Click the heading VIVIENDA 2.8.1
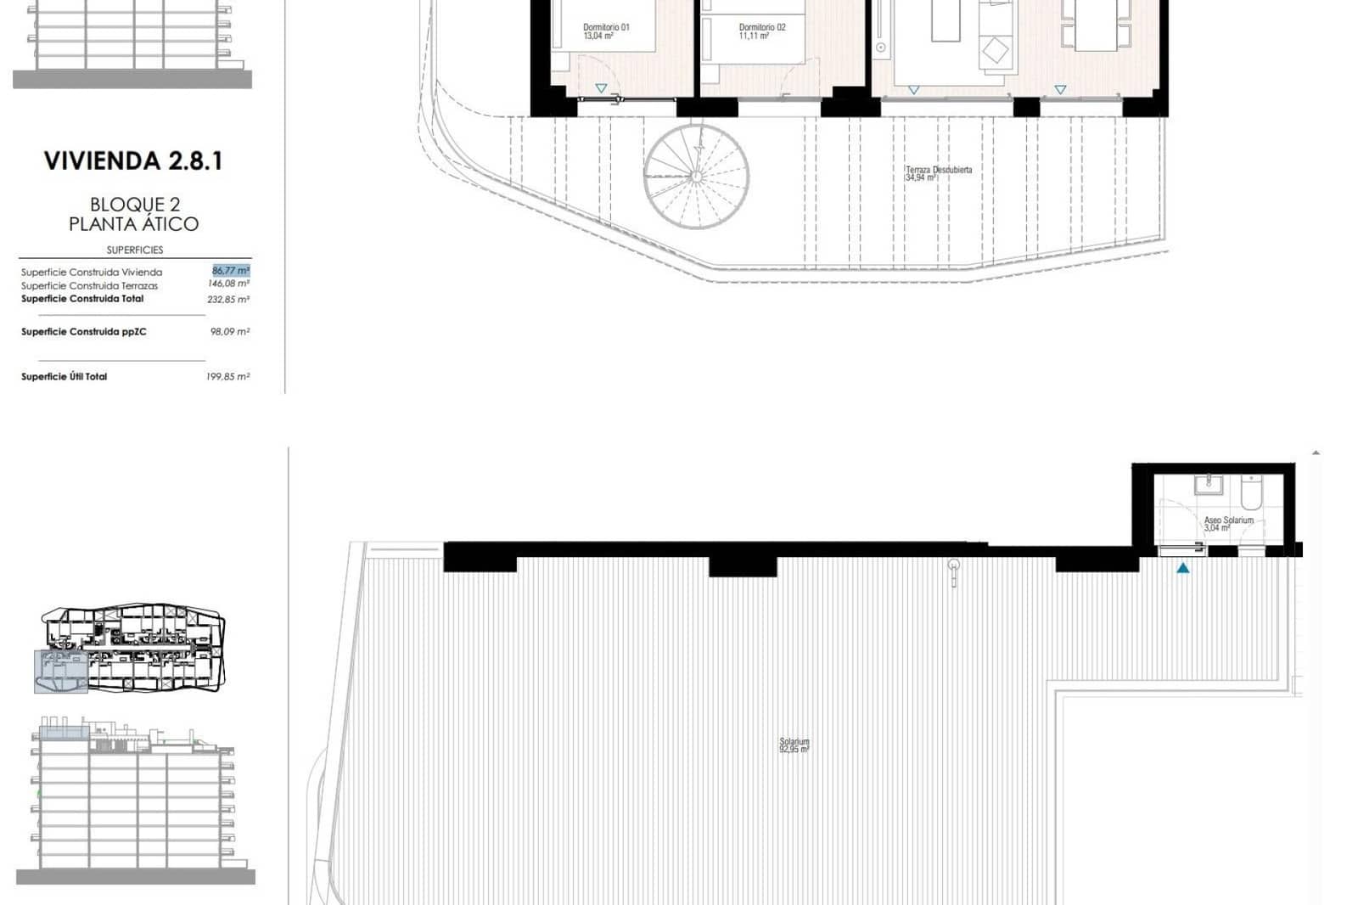tap(133, 161)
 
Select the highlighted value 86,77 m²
tap(230, 271)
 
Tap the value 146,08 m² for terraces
tap(228, 284)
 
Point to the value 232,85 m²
tap(228, 300)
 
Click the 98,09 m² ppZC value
tap(229, 332)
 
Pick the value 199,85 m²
tap(227, 377)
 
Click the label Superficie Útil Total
tap(64, 377)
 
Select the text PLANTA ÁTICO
tap(133, 224)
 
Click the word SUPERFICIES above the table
tap(135, 250)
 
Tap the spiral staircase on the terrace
tap(696, 177)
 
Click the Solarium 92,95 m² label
tap(794, 745)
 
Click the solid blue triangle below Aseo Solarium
tap(1182, 568)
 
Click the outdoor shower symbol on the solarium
tap(954, 571)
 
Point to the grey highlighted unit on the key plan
tap(60, 672)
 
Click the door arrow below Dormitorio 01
tap(601, 88)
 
